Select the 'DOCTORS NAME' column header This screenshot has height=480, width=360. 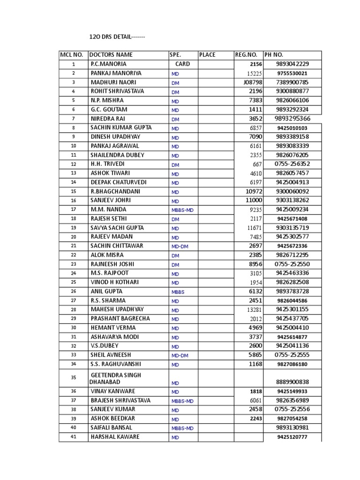[x=111, y=55]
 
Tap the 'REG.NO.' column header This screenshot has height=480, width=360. [x=246, y=55]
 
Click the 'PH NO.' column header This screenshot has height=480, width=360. [x=274, y=55]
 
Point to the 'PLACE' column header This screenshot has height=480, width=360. [x=207, y=55]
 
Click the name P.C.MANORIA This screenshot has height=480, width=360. [x=108, y=64]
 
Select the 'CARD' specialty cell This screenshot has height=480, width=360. [x=183, y=64]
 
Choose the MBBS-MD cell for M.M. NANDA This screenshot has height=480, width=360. [x=182, y=210]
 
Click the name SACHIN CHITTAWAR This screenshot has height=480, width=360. [x=117, y=246]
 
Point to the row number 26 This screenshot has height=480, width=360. [x=73, y=292]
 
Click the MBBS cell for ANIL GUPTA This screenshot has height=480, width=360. [x=178, y=292]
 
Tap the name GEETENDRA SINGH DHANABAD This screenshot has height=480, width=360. [x=115, y=378]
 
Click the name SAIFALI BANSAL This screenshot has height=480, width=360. [x=112, y=428]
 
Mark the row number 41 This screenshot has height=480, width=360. [x=73, y=437]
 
